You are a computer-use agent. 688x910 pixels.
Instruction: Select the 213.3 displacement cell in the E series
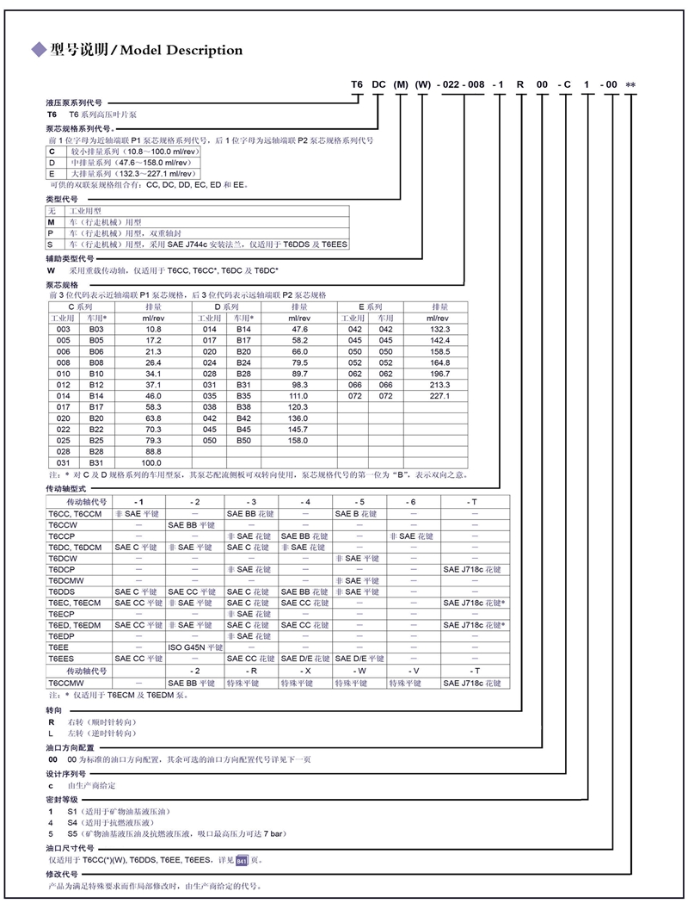click(x=439, y=385)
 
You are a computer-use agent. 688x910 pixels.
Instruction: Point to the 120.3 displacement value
click(x=298, y=406)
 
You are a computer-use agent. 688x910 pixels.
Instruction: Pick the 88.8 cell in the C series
click(x=153, y=450)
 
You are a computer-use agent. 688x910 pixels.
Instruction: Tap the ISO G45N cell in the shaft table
click(x=195, y=647)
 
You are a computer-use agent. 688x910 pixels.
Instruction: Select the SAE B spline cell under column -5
click(x=359, y=513)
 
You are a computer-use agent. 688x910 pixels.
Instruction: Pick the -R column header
click(x=250, y=671)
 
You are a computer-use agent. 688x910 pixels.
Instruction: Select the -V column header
click(x=414, y=671)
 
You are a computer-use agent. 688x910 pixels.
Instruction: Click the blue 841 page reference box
click(x=242, y=860)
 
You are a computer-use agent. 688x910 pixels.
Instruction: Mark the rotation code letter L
click(x=51, y=734)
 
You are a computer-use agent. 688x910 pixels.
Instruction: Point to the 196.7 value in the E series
click(x=439, y=374)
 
